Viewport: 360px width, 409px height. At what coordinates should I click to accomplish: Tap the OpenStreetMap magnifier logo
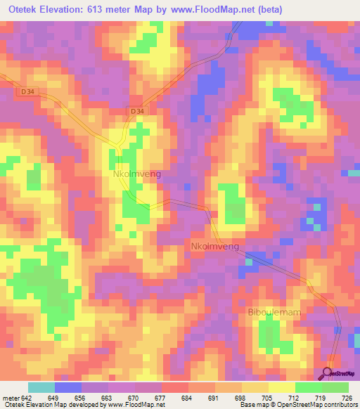point(328,372)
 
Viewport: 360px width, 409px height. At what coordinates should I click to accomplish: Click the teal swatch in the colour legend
point(41,388)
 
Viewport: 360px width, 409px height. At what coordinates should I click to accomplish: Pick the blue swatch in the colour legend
point(68,388)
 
